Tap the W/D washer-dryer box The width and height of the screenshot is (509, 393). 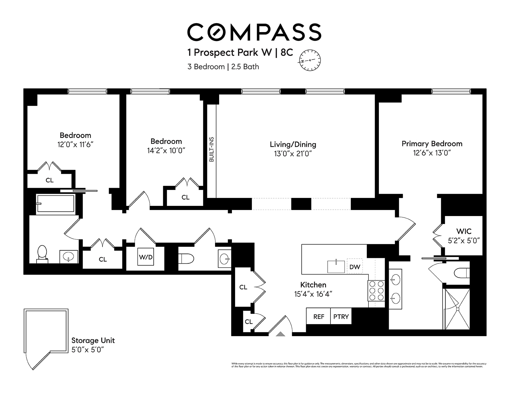pos(146,257)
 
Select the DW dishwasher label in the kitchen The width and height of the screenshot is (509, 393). pos(355,267)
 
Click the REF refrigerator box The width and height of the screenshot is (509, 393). pos(318,316)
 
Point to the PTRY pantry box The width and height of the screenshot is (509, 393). pos(341,316)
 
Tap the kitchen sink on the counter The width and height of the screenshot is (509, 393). pos(336,267)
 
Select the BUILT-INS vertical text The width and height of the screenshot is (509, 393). pos(212,150)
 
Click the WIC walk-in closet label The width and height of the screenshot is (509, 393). pos(464,231)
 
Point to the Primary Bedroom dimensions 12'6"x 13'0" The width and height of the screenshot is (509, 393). pos(432,153)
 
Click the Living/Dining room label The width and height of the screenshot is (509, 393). pos(293,145)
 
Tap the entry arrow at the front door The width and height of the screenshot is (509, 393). pos(280,334)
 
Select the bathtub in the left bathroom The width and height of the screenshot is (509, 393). pos(55,203)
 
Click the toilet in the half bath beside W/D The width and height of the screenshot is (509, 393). pos(186,259)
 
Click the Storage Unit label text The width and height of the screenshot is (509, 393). pos(93,341)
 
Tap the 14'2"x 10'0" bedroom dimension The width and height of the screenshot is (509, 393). pos(166,151)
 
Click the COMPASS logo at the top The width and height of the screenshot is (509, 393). pos(254,32)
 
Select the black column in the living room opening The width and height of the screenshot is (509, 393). pos(301,204)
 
